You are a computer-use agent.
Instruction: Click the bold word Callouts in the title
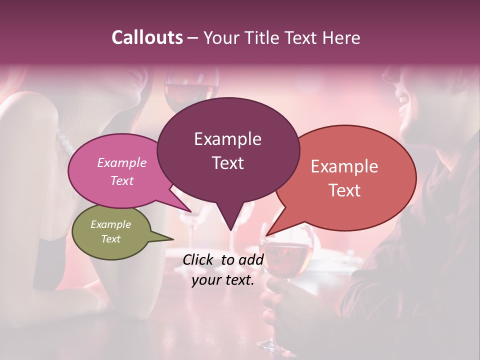click(147, 37)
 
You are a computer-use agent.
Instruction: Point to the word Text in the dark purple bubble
click(227, 163)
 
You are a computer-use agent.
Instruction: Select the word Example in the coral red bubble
click(344, 166)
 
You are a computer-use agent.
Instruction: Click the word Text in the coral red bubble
click(344, 190)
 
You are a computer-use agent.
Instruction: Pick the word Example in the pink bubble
click(122, 162)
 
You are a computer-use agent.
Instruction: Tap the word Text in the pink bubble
click(122, 180)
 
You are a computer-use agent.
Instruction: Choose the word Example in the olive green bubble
click(110, 224)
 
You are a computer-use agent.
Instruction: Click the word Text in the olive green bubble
click(110, 239)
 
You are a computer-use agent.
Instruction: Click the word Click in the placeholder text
click(198, 259)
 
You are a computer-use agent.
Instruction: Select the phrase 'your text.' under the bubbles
click(223, 280)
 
